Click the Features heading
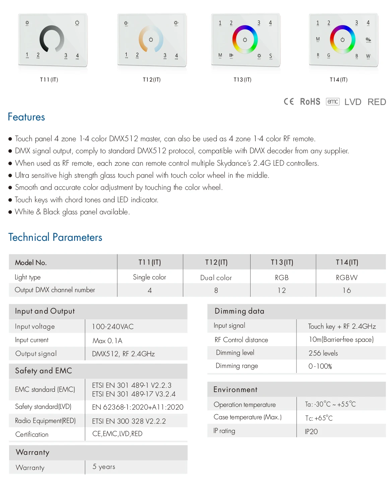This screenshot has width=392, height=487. pos(26,117)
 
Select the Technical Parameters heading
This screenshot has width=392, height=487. pos(55,237)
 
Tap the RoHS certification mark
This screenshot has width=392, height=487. pos(310,102)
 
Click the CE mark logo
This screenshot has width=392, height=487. pos(289,102)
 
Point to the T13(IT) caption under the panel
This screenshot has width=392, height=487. pos(242,80)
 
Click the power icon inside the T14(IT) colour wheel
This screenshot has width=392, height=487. pos(342,40)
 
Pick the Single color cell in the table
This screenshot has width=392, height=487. pos(149,277)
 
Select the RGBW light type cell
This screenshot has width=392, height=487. pos(347,278)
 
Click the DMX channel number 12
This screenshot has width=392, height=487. pos(282,290)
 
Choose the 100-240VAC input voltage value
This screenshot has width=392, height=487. pos(113,327)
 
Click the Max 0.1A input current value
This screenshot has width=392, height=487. pos(107,341)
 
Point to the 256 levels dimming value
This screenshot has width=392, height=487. pos(323,353)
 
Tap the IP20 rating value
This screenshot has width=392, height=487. pos(311,432)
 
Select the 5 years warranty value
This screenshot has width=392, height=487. pos(104,467)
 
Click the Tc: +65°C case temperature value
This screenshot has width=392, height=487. pos(319,418)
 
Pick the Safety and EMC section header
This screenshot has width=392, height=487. pos(44,371)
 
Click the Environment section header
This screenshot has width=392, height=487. pos(236,390)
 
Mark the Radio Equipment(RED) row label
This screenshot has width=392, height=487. pos(46,421)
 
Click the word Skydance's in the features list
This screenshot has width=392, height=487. pos(234,163)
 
